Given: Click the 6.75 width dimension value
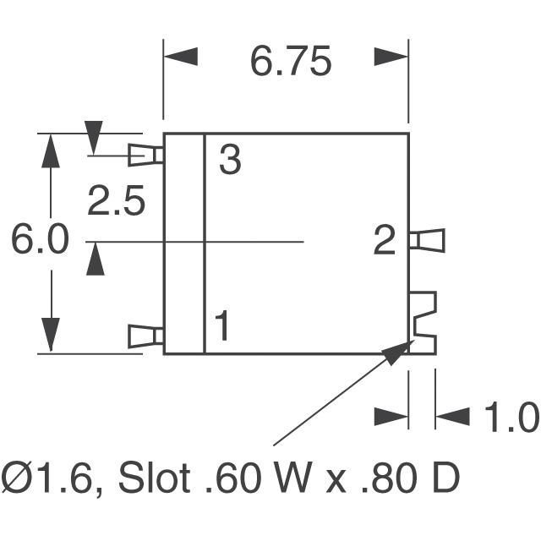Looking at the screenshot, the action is point(291,62).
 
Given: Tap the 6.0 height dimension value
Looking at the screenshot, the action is point(40,238).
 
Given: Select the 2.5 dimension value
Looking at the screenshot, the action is point(116,201).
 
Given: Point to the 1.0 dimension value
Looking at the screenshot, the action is point(512,417).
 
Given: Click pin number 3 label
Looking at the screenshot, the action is point(230,160).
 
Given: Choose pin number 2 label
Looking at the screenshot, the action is point(384,240).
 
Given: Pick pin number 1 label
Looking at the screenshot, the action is point(221,325).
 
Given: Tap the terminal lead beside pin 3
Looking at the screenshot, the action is point(145,156).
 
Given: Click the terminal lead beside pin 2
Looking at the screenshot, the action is point(426,240).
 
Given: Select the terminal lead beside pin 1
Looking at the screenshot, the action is point(145,336).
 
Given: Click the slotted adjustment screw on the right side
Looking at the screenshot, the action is point(423,323).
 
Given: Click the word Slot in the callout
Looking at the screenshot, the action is point(154,478).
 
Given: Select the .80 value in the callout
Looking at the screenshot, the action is point(389,478).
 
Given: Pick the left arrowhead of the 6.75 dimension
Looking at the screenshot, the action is point(180,57).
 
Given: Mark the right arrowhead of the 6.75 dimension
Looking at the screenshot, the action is point(391,57).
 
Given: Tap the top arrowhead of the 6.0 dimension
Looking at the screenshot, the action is point(51,150).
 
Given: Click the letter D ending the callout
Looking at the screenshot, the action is point(445,478).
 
